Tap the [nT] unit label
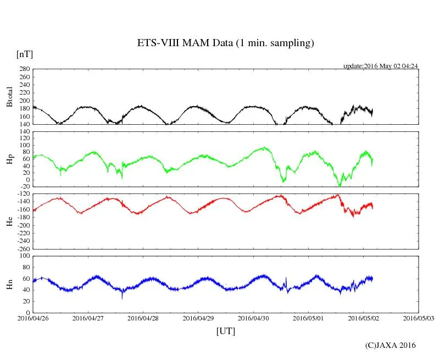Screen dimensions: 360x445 25,54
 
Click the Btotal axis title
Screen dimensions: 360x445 9,97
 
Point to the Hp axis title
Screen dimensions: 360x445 9,159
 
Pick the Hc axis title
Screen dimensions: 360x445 9,221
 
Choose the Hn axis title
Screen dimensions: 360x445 9,284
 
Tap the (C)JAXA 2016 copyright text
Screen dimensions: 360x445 390,345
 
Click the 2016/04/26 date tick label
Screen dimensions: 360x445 33,318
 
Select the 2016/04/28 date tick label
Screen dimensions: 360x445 143,318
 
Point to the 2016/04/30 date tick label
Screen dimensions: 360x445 253,318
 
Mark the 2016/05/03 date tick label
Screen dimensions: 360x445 418,318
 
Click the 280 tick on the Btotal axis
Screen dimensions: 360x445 24,69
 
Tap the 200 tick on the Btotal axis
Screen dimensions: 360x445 24,101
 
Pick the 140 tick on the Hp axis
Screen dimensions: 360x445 24,132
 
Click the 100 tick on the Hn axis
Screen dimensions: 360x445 24,256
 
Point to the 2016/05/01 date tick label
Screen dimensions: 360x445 308,318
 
